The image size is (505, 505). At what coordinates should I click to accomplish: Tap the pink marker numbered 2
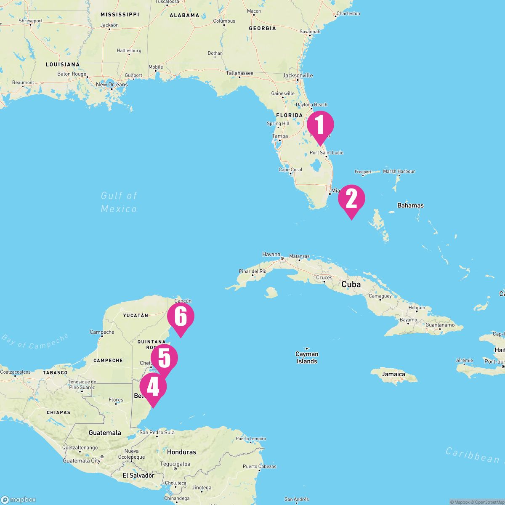tap(351, 199)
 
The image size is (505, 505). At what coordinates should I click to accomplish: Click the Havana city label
tap(271, 254)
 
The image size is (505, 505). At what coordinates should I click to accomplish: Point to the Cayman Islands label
tap(307, 358)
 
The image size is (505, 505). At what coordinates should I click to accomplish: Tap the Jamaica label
tap(393, 374)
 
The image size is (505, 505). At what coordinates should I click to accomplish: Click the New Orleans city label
tap(112, 85)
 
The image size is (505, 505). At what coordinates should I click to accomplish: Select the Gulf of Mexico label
tap(119, 202)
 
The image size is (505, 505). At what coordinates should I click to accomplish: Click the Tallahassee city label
tap(240, 73)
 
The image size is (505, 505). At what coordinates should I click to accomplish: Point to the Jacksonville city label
tap(298, 76)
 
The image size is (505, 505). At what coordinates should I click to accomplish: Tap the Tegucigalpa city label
tap(175, 464)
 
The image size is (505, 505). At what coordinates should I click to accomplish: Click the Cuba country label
tap(351, 284)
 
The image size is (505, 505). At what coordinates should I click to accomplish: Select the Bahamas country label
tap(410, 205)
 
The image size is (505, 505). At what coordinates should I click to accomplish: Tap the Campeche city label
tap(102, 332)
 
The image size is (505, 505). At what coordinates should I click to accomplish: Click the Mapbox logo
tap(19, 500)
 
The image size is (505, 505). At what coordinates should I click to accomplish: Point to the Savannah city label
tap(310, 32)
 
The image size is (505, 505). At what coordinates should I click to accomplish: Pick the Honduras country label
tap(181, 452)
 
